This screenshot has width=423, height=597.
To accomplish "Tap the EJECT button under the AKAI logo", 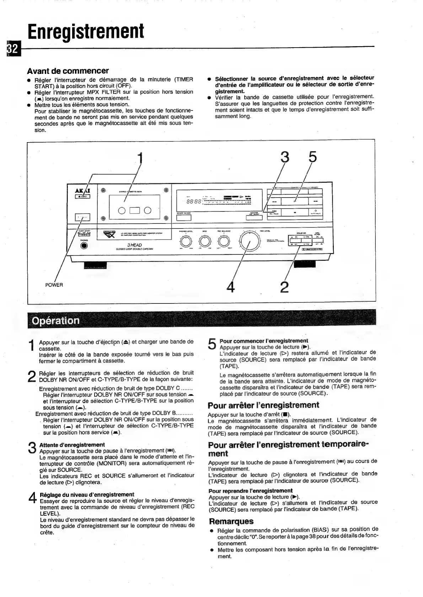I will (x=83, y=196).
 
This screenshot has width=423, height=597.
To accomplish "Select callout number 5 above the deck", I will (x=312, y=157).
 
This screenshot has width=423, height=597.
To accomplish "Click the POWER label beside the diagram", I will (x=54, y=285).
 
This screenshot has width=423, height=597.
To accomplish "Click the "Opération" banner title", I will (x=56, y=321).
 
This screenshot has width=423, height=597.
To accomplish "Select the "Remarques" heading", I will (x=231, y=521).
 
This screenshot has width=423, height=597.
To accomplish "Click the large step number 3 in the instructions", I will (x=32, y=447).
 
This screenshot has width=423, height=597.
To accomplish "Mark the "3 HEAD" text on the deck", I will (x=134, y=245).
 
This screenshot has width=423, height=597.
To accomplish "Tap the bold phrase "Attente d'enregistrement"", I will (x=72, y=445).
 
